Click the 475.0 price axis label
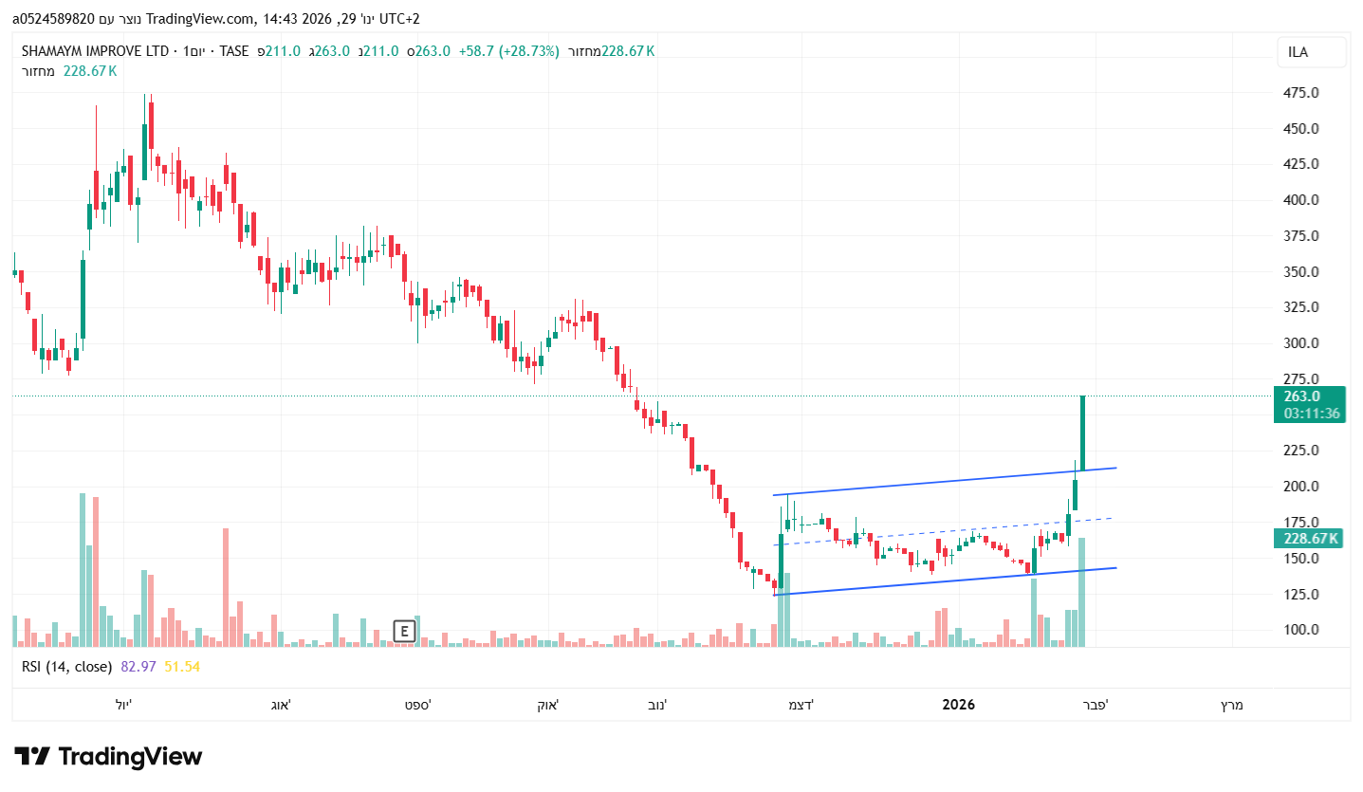coord(1301,93)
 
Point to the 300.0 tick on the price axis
coord(1301,343)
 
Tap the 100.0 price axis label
coord(1301,630)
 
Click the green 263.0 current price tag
coord(1308,396)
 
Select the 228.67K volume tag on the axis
coord(1308,539)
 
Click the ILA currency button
coord(1311,52)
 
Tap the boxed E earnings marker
coord(405,631)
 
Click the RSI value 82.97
coord(138,667)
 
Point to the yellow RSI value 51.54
coord(182,667)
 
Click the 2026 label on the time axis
coord(958,705)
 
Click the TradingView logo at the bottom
coord(108,756)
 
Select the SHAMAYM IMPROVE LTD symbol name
coord(95,51)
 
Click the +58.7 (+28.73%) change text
coord(508,51)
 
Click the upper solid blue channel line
coord(949,482)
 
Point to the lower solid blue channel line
coord(949,581)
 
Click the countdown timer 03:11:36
coord(1311,414)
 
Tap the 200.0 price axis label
coord(1301,487)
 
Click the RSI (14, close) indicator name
coord(66,667)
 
